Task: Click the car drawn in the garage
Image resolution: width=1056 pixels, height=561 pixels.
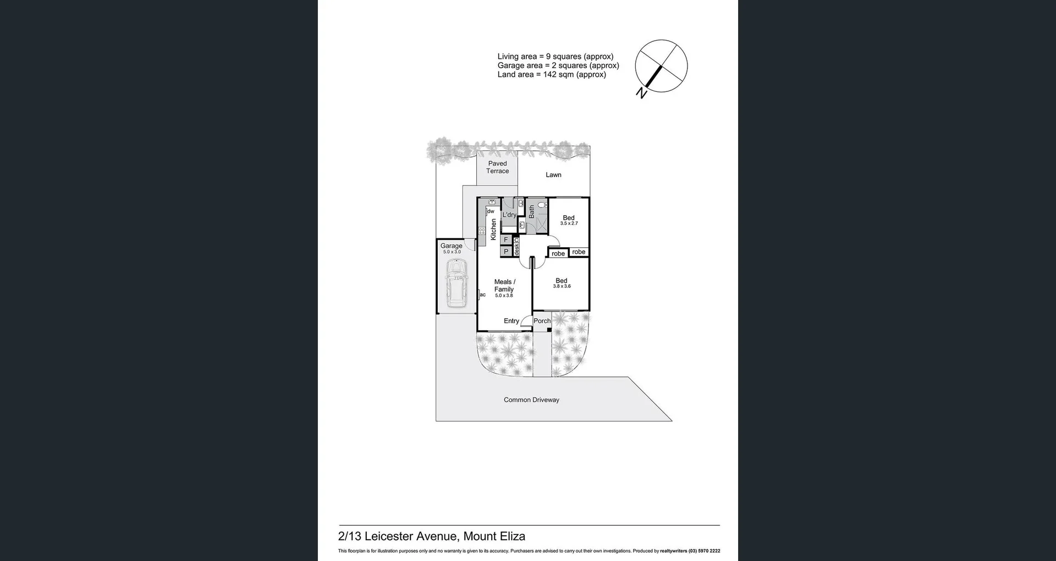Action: click(x=456, y=283)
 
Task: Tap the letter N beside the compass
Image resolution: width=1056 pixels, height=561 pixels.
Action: click(x=641, y=93)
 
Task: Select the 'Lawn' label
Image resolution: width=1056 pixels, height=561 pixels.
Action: click(x=553, y=175)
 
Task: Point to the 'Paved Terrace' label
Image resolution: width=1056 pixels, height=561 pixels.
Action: click(x=497, y=167)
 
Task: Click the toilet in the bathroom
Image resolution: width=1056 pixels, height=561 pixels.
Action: click(x=542, y=205)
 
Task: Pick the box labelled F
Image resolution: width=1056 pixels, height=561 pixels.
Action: click(x=506, y=240)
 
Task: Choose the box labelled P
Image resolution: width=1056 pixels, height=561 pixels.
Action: click(x=506, y=252)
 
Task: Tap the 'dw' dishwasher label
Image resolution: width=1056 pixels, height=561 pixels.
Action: click(x=491, y=211)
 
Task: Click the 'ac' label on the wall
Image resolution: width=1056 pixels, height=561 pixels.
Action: click(x=483, y=295)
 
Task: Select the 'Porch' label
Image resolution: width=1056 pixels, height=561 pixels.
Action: click(x=542, y=321)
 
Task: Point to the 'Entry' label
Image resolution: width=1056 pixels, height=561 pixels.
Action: click(x=512, y=321)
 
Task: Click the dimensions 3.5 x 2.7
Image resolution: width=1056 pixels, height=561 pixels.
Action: click(x=569, y=224)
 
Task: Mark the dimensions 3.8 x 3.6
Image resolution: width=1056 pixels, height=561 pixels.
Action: click(x=562, y=286)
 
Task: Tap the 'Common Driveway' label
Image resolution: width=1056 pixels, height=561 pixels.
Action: click(x=531, y=400)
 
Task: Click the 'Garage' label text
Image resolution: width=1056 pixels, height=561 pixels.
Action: click(x=451, y=246)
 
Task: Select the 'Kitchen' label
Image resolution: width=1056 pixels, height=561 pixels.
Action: click(x=493, y=230)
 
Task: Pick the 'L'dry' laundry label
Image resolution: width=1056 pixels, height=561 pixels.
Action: click(x=509, y=215)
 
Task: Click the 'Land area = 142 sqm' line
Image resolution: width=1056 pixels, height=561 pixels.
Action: click(x=552, y=75)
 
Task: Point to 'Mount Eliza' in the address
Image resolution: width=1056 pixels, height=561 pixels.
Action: click(x=494, y=536)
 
